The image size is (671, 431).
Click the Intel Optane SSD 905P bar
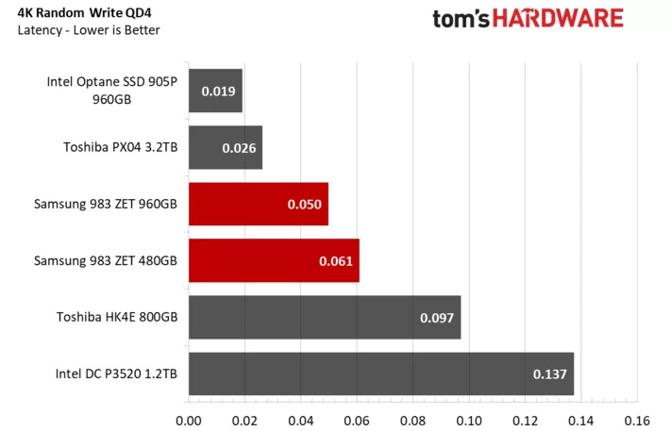215,91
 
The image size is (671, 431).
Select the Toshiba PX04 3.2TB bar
225,148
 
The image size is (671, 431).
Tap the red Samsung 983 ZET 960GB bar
258,204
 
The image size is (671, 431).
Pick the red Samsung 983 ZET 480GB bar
274,260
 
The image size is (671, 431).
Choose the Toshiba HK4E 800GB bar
324,317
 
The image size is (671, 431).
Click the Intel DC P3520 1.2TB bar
380,373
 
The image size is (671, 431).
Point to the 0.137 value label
549,374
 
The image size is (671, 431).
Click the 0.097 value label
437,318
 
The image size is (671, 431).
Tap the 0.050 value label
305,205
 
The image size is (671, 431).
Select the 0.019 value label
218,92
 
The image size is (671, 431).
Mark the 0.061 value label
336,261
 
